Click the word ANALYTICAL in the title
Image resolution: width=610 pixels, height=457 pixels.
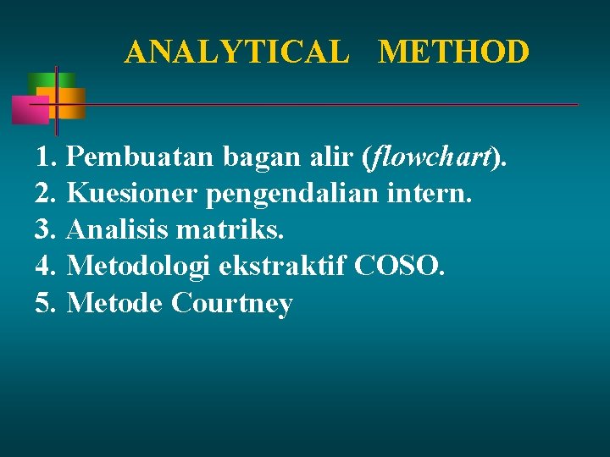click(236, 52)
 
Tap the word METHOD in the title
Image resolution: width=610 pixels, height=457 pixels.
click(454, 52)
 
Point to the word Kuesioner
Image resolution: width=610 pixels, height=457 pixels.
click(131, 193)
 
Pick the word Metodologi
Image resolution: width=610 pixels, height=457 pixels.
click(139, 267)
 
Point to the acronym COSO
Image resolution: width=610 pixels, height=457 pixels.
click(398, 266)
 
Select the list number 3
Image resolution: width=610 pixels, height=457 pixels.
click(45, 229)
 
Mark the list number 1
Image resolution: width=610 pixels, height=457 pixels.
click(45, 157)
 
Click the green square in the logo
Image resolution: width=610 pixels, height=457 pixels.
click(40, 83)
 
